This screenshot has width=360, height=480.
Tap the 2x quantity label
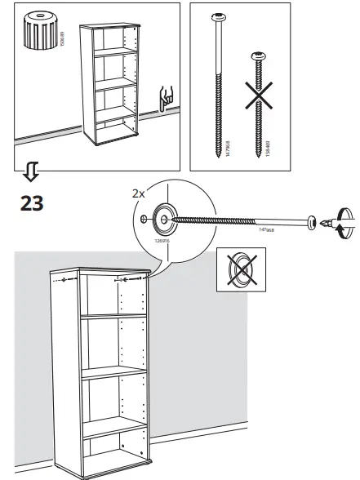point(140,194)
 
